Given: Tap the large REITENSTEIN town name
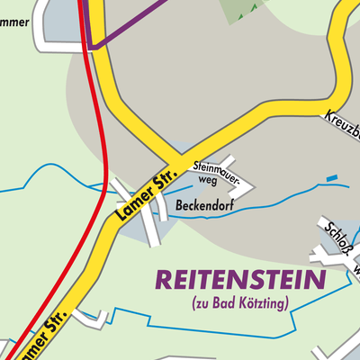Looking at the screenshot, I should pos(239,281).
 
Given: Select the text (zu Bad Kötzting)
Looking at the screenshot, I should pos(239,304).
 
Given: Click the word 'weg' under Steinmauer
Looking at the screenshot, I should pos(208,179).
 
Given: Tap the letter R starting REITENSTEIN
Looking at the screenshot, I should pos(165,281).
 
